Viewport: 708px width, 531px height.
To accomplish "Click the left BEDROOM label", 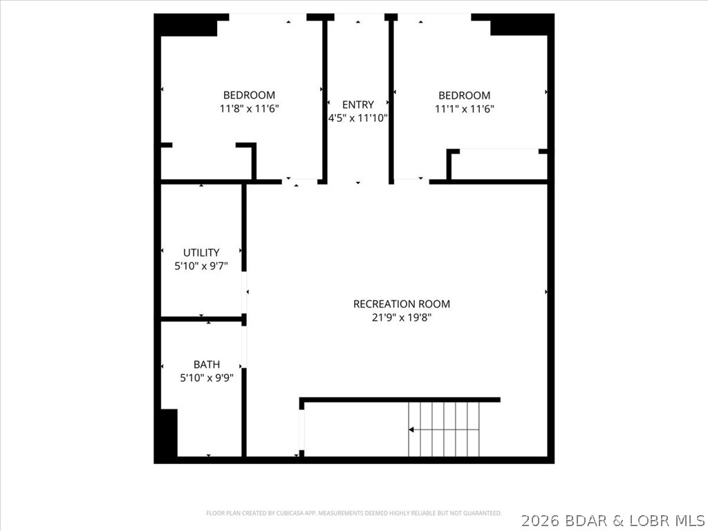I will pos(249,95).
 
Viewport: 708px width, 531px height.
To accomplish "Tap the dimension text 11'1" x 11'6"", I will pos(464,109).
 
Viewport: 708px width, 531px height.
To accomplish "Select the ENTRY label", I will pos(357,105).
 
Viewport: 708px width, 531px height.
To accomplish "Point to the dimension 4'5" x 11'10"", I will pos(357,118).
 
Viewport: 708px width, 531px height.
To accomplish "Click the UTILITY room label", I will pos(201,253).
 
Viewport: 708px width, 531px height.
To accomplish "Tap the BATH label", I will pos(207,365).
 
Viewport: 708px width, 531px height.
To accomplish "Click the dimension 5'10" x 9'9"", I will pos(207,378).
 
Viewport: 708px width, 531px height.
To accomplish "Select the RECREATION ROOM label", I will pos(401,304).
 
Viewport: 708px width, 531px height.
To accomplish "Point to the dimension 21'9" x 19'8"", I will pos(401,317).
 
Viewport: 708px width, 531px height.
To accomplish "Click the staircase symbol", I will pos(444,429).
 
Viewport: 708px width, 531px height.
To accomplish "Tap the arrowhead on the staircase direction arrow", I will pos(411,429).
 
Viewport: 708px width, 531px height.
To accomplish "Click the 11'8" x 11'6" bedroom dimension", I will pos(249,109).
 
